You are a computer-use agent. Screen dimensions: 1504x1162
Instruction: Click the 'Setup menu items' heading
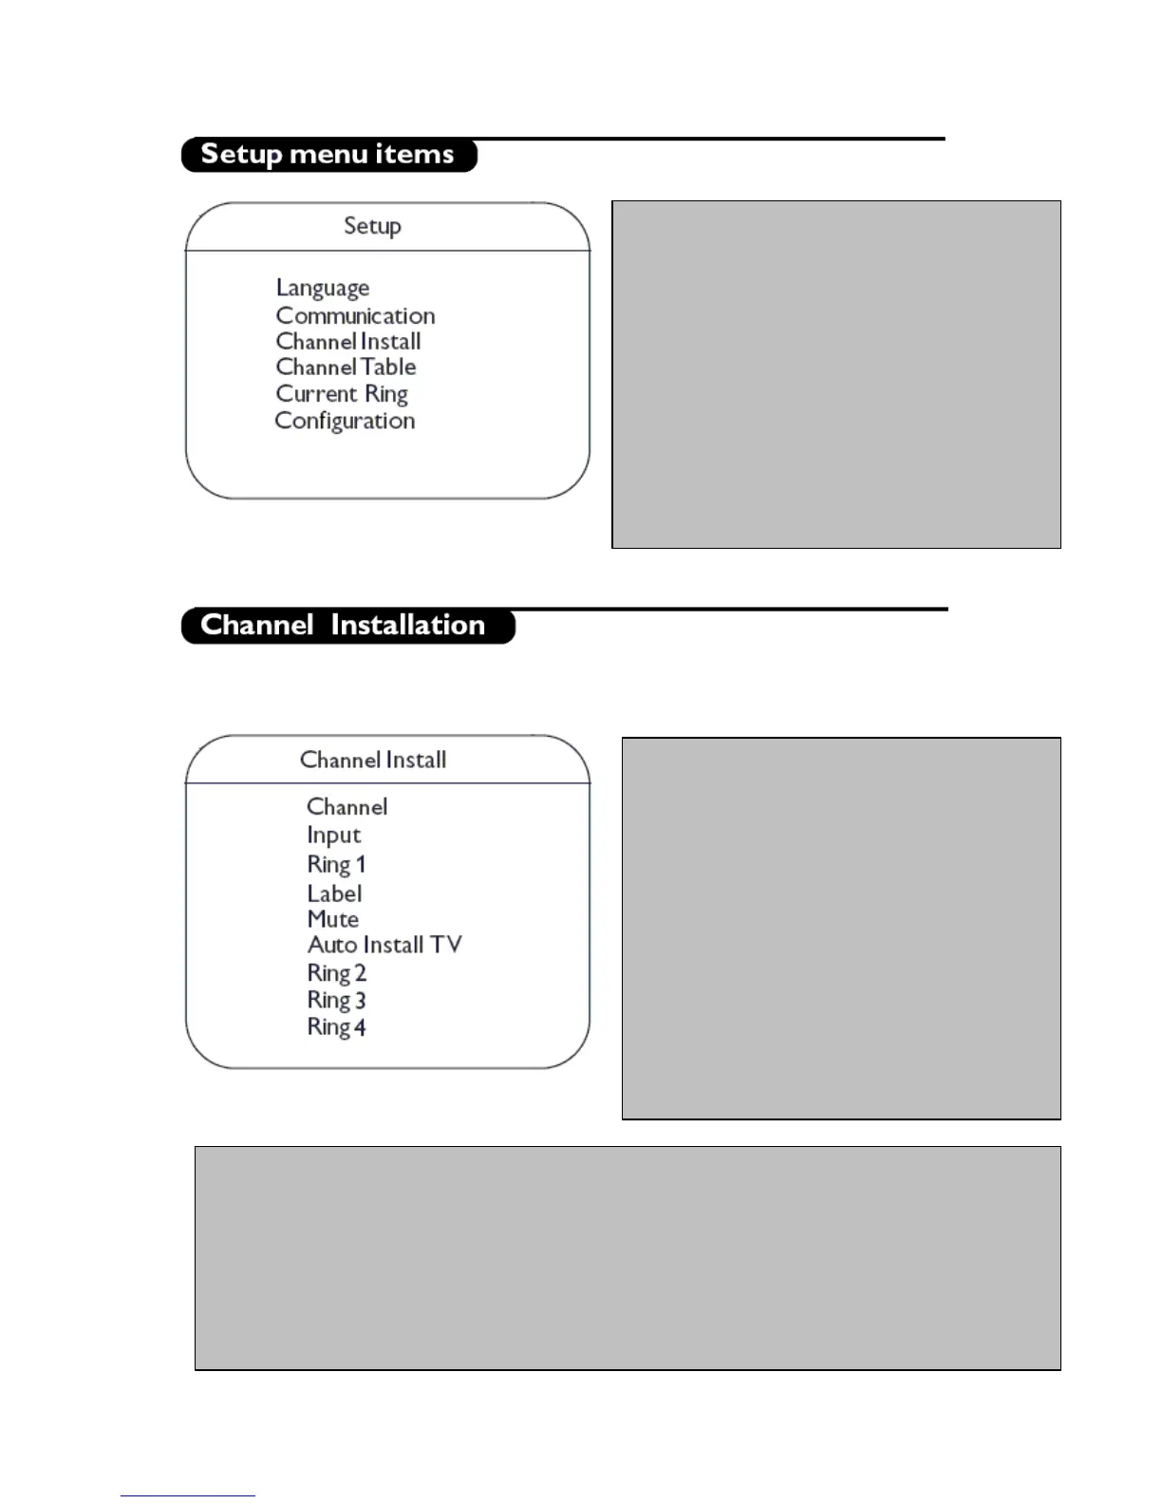pos(328,154)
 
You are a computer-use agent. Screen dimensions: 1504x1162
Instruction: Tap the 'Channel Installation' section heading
pos(343,625)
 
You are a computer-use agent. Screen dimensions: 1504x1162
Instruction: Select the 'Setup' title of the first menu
pos(372,226)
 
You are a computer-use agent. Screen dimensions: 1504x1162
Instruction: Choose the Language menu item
pos(323,288)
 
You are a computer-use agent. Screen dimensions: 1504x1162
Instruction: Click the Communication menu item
pos(355,315)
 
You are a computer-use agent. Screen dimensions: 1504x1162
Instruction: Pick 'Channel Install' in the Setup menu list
pos(348,342)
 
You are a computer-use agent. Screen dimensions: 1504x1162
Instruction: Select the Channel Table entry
pos(346,367)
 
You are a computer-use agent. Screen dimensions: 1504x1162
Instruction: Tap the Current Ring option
pos(342,394)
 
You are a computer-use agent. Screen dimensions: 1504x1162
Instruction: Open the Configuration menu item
pos(345,421)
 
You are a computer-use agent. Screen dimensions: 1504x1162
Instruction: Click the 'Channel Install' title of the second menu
pos(373,760)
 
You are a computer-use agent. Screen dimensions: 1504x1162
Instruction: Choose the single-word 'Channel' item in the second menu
pos(347,807)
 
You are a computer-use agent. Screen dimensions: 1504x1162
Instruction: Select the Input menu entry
pos(333,836)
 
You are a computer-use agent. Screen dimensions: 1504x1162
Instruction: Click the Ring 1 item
pos(336,865)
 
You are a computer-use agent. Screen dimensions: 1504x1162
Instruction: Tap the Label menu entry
pos(334,893)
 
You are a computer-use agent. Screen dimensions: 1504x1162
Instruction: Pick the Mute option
pos(332,919)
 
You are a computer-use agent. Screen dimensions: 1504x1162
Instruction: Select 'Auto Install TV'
pos(384,945)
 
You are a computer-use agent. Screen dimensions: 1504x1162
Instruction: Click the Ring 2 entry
pos(336,973)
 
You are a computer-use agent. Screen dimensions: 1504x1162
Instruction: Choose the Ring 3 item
pos(336,1000)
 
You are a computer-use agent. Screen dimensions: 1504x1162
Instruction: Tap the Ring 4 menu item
pos(336,1027)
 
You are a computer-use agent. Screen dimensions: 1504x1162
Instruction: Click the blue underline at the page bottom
pos(188,1495)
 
